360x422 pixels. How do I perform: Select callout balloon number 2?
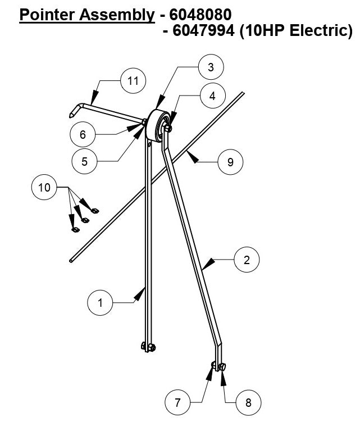click(247, 260)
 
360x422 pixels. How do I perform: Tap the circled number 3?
click(211, 67)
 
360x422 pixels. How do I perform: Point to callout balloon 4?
click(212, 96)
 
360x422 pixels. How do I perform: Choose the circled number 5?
click(85, 161)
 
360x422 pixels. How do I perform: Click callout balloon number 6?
click(83, 135)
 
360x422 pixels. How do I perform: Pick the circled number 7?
click(178, 402)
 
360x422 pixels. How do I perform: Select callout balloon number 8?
click(248, 402)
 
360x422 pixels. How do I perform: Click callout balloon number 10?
click(44, 187)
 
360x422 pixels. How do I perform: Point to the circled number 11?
click(133, 81)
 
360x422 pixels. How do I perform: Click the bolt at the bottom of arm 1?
click(148, 347)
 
